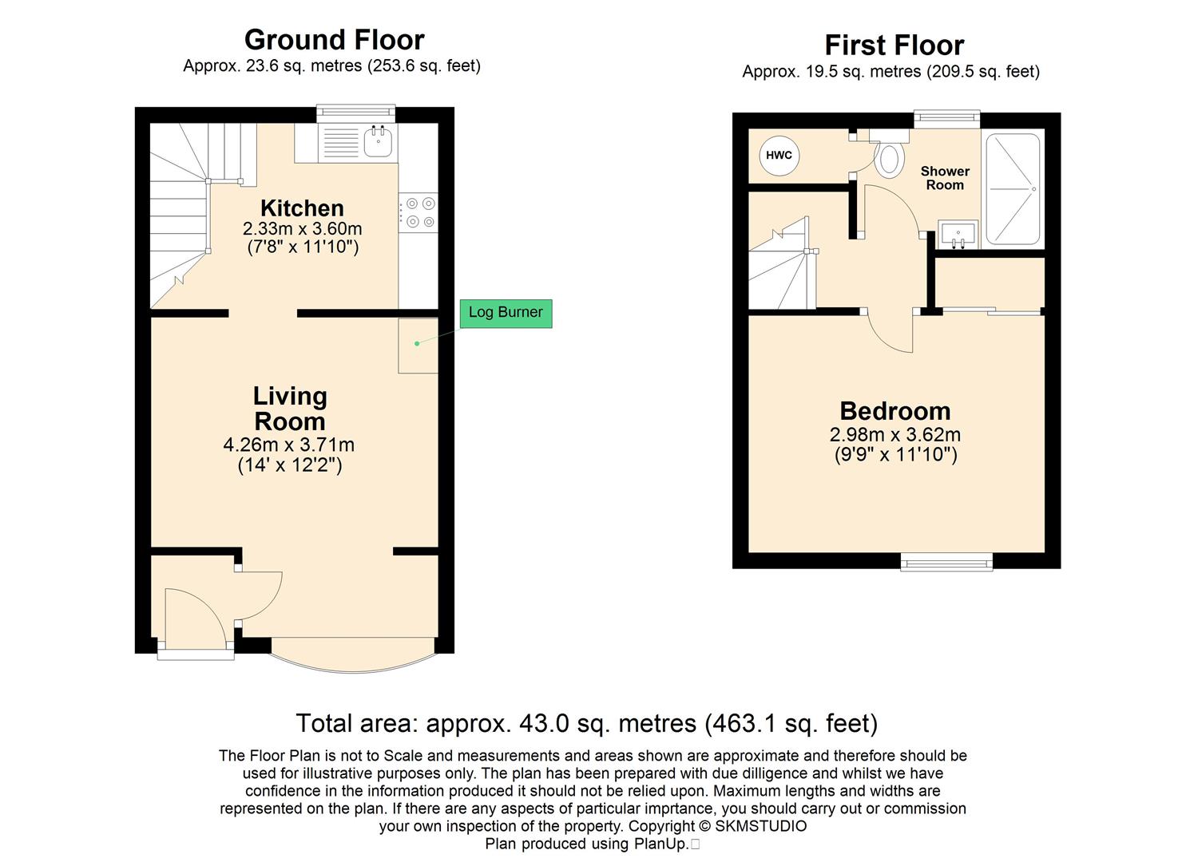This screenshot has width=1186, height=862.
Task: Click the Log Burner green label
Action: [506, 313]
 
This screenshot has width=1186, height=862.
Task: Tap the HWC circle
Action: [779, 155]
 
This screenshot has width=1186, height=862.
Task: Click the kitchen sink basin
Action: [378, 141]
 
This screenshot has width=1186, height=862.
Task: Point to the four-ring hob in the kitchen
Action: [418, 213]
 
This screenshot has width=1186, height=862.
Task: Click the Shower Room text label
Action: [945, 178]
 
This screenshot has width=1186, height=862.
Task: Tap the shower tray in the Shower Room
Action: [1013, 189]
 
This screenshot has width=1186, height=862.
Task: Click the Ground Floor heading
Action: [334, 40]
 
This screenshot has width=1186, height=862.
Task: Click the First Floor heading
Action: [894, 45]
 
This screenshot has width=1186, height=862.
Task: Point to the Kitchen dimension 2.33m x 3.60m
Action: [303, 228]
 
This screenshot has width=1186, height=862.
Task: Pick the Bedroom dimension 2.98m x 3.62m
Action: [894, 434]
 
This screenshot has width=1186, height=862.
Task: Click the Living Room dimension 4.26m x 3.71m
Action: [289, 445]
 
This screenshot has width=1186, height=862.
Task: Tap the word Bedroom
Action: [895, 411]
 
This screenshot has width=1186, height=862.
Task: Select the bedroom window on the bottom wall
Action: [946, 562]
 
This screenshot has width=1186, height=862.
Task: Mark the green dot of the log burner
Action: [417, 343]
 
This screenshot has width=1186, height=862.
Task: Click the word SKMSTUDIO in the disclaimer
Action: [761, 826]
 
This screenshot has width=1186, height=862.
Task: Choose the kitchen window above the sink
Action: [356, 113]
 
